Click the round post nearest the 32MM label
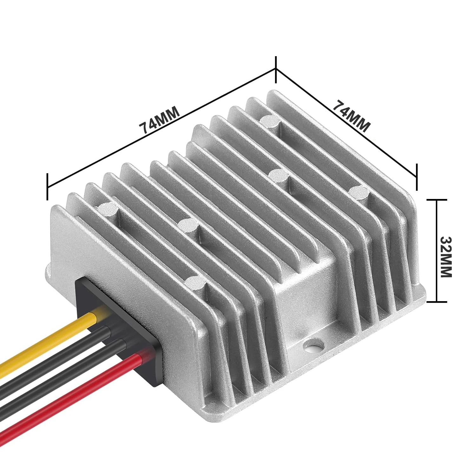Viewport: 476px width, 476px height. (x=359, y=191)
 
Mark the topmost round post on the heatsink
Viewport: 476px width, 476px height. (x=270, y=120)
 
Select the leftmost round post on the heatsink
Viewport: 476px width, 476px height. (x=108, y=208)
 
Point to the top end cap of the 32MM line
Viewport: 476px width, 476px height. (x=437, y=200)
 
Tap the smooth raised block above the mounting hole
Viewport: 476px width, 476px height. (x=301, y=295)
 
